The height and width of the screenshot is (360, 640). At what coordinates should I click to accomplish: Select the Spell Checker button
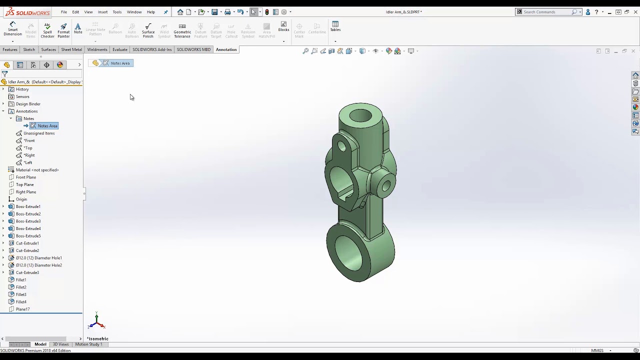47,30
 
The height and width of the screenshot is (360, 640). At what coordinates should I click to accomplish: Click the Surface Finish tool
148,30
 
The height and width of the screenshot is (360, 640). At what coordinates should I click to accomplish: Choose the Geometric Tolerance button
182,30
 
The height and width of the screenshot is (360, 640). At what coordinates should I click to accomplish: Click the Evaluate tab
120,49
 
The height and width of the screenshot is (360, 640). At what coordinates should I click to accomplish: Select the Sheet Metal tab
71,49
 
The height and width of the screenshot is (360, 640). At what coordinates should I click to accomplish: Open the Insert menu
102,12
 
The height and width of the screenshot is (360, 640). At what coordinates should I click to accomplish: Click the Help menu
150,12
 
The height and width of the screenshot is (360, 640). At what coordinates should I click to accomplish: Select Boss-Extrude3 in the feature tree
28,221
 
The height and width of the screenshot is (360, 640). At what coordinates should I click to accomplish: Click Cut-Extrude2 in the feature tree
27,250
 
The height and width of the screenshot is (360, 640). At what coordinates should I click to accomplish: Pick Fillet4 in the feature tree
21,302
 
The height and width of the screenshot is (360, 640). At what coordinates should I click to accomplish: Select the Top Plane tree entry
24,184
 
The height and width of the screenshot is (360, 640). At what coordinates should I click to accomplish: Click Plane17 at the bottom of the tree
22,309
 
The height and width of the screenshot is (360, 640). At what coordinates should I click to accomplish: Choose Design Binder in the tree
28,104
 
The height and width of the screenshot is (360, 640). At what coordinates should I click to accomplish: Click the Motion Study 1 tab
88,344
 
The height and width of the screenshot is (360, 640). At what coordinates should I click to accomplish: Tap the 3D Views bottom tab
60,344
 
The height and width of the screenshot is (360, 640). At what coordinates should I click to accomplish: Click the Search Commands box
546,12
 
